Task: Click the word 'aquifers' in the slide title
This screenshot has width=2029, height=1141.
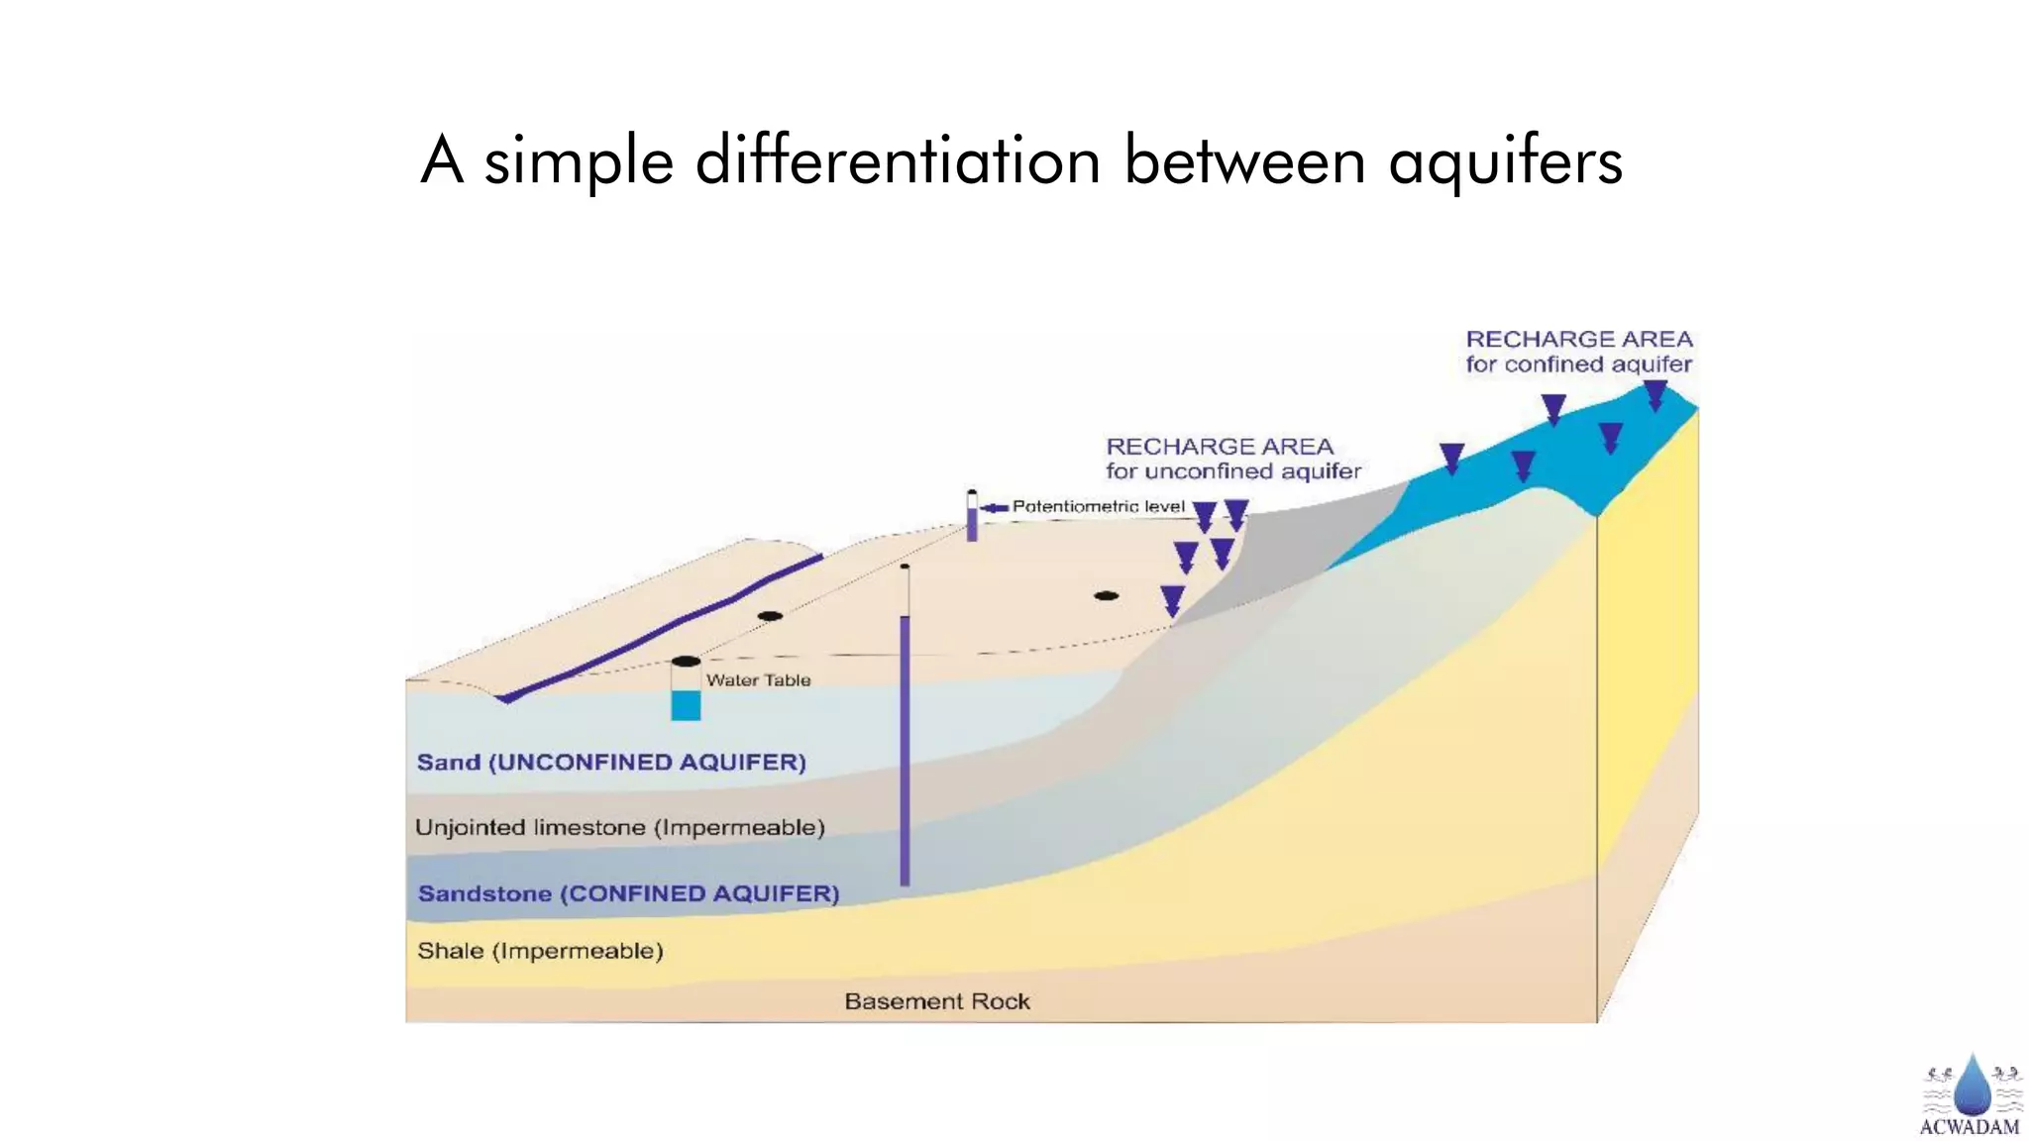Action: [x=1505, y=161]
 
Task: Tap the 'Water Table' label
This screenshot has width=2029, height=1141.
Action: [x=758, y=680]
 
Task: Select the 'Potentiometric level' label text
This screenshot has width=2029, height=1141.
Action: [x=1098, y=506]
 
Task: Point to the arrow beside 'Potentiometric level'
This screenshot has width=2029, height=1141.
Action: [x=994, y=508]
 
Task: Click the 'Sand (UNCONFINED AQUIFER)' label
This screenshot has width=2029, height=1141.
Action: [x=611, y=763]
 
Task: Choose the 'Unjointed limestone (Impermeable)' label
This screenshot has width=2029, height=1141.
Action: [x=619, y=828]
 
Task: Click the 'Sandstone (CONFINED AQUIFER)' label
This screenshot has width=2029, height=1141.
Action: [x=628, y=893]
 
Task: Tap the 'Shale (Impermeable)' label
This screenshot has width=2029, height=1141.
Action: [x=540, y=951]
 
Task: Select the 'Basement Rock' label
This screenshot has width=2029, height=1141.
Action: [x=937, y=1001]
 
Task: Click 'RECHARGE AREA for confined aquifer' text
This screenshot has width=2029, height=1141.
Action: [x=1579, y=352]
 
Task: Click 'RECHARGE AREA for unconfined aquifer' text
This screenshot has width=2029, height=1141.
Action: [x=1232, y=459]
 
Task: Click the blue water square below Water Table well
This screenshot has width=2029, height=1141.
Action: [x=686, y=706]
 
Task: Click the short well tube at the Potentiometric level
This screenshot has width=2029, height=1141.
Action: [x=972, y=517]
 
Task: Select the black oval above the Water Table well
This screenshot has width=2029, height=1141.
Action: [x=686, y=661]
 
